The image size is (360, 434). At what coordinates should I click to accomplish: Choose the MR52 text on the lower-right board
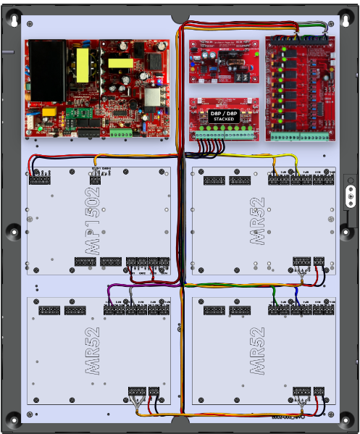click(258, 352)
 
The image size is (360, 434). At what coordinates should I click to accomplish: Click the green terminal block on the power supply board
click(120, 133)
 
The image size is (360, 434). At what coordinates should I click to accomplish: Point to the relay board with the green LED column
click(299, 88)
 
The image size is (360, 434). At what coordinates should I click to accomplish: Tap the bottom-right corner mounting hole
click(346, 418)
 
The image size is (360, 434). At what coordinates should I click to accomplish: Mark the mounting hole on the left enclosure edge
click(13, 231)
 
